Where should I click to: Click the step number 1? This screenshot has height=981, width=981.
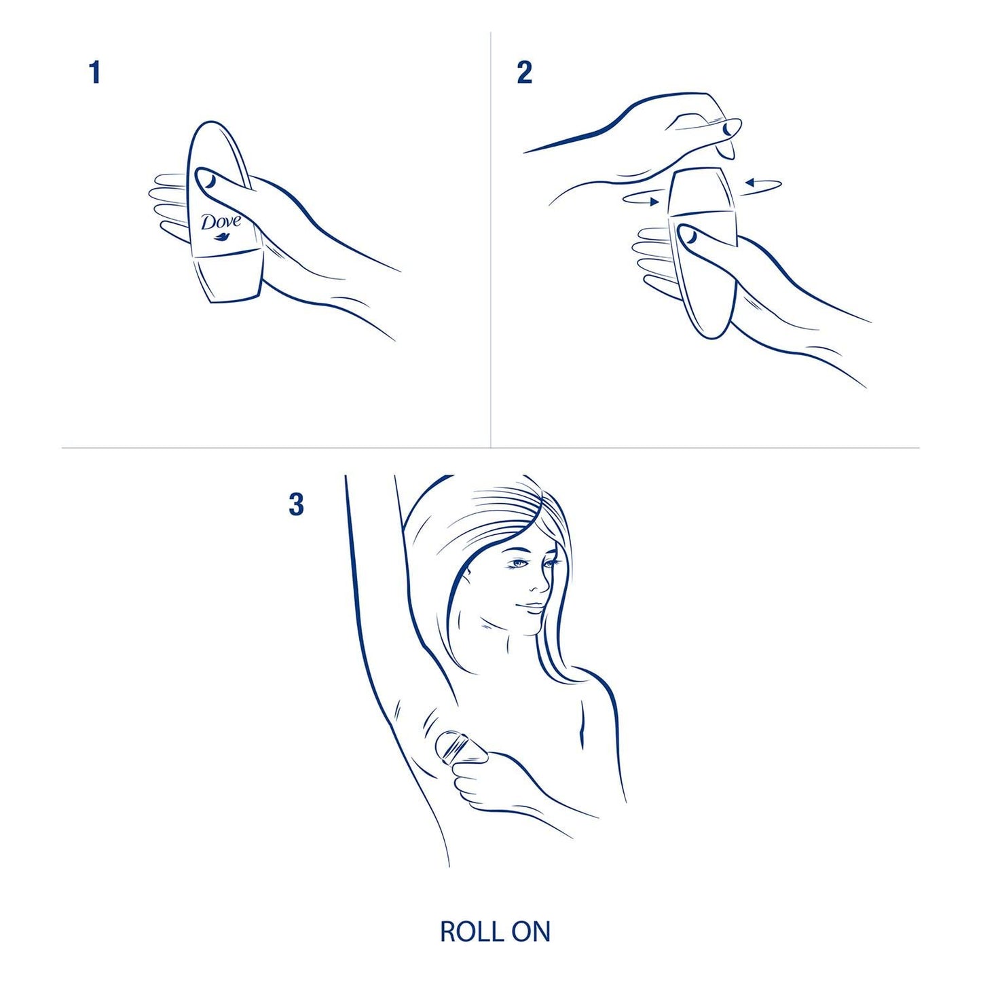(95, 73)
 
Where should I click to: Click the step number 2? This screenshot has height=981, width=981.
(524, 73)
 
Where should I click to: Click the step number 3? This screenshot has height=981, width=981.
(296, 504)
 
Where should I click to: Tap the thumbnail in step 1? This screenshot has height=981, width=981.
(210, 180)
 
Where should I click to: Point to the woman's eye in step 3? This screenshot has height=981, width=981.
(521, 563)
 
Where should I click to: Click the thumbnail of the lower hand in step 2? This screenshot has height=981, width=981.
(690, 235)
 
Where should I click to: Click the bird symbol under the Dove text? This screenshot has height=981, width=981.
(221, 237)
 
